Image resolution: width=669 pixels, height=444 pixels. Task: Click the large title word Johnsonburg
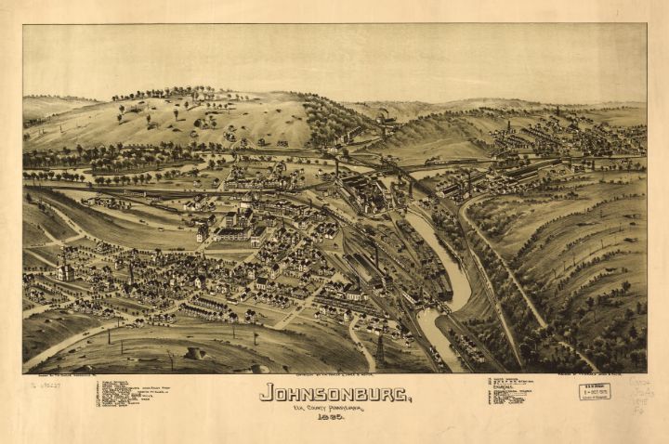click(x=334, y=392)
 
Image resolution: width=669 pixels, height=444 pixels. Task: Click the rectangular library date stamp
click(x=595, y=391)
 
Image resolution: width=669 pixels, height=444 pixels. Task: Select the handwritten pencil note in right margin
click(x=639, y=393)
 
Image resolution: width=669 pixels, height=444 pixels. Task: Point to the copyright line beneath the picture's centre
click(x=334, y=376)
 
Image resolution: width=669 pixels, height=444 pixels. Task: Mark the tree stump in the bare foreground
click(x=195, y=353)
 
